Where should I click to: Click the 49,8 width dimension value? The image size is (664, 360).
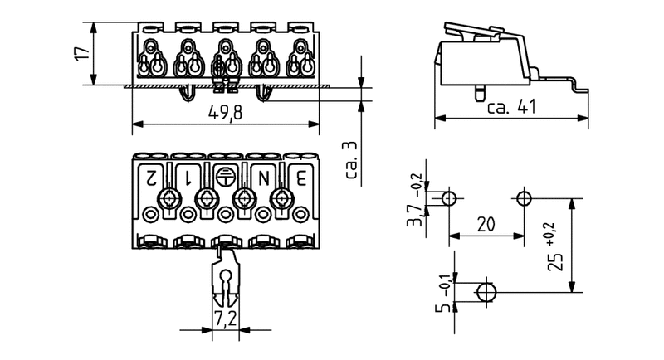click(225, 113)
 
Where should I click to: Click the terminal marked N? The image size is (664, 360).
click(263, 176)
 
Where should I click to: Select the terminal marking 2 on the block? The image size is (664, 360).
click(151, 176)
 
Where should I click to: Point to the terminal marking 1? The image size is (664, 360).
click(188, 176)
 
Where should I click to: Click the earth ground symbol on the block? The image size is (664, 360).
click(225, 175)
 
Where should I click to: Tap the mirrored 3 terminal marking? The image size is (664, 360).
click(300, 176)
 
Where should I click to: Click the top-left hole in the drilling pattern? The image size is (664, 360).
click(448, 198)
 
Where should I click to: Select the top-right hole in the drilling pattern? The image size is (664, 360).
click(524, 198)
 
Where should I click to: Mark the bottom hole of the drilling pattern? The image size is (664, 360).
click(486, 291)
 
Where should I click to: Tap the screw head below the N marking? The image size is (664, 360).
click(244, 197)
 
